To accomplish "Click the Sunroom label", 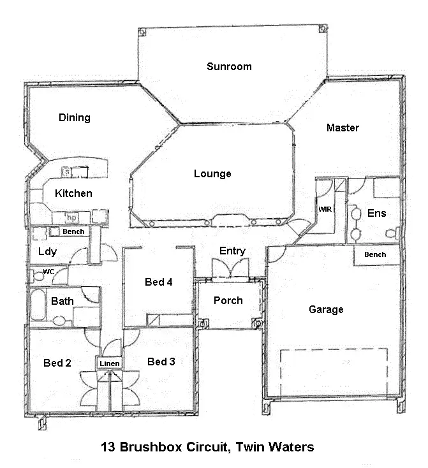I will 228,66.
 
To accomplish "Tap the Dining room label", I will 75,117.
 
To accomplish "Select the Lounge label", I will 212,173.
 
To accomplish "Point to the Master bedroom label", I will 343,128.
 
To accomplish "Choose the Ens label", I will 376,213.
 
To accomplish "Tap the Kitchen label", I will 73,193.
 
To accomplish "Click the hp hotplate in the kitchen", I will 71,217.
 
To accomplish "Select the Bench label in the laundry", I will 73,231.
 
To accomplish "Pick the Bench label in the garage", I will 375,254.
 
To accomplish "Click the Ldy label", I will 47,251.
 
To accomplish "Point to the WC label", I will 48,272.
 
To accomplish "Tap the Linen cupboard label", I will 108,363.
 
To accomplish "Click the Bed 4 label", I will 159,282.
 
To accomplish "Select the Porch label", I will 228,300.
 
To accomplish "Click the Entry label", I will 232,251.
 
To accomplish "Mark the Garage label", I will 326,310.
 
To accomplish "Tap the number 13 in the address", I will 108,447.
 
